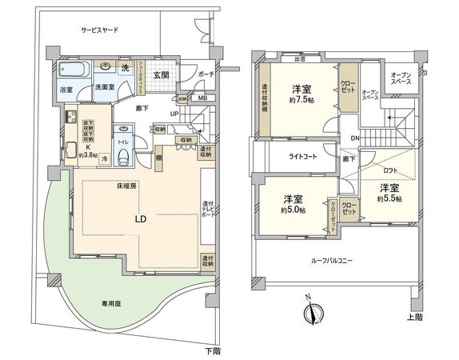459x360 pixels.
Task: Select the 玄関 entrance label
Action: [x=160, y=74]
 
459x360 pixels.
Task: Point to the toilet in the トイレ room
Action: [x=122, y=157]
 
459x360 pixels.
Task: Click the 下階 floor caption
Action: [x=210, y=350]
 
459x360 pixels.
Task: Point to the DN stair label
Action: [x=354, y=138]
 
